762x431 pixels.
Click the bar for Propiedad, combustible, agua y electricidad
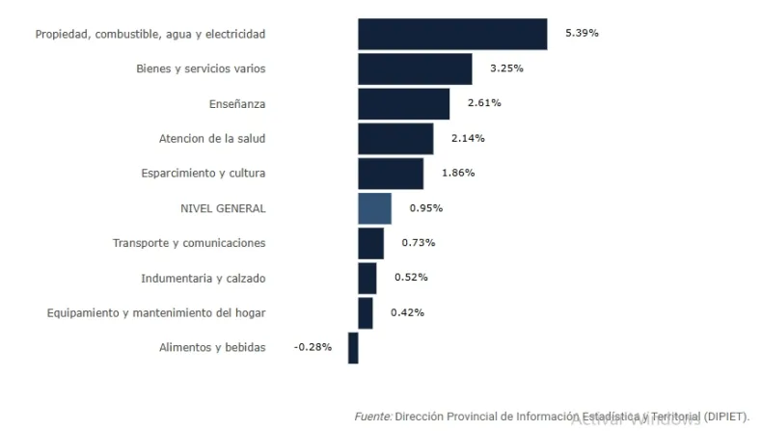tap(452, 34)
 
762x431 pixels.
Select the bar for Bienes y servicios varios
tap(415, 68)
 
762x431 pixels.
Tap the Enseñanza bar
tap(403, 103)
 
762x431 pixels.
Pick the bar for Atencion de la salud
tap(395, 138)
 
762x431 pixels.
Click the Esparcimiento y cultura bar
tap(391, 173)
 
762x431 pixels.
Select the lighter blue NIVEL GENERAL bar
tap(374, 208)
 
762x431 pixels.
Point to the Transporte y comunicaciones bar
tap(370, 243)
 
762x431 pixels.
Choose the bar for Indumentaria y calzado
tap(367, 278)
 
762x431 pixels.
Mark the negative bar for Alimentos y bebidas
tap(353, 347)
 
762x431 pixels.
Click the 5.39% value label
tap(582, 33)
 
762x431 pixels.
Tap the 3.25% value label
tap(506, 68)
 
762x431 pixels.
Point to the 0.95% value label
tap(425, 207)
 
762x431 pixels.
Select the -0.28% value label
tap(313, 347)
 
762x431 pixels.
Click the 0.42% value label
tap(407, 312)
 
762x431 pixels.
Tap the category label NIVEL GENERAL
tap(223, 208)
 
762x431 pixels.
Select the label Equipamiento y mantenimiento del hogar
tap(156, 312)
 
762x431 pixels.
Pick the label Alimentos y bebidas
tap(212, 347)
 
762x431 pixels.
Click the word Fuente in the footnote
tap(373, 416)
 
